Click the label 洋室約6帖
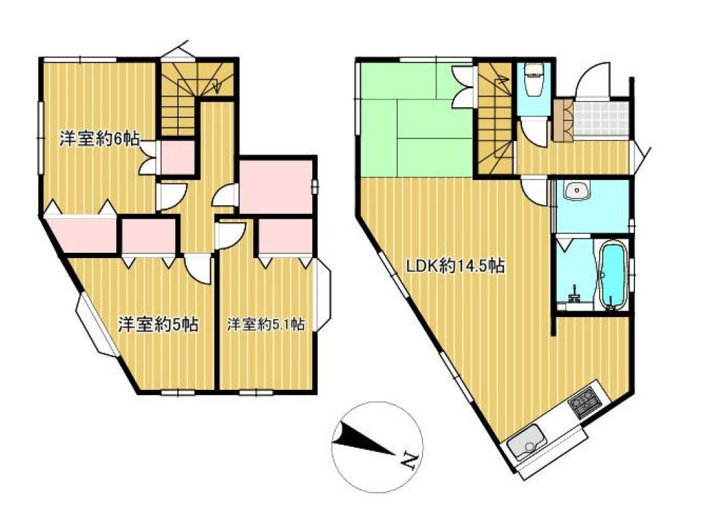100,138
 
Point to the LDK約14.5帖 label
455,266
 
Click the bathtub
612,276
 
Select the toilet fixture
533,80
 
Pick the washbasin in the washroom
576,191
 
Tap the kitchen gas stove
586,403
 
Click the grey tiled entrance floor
600,119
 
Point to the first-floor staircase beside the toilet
495,118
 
